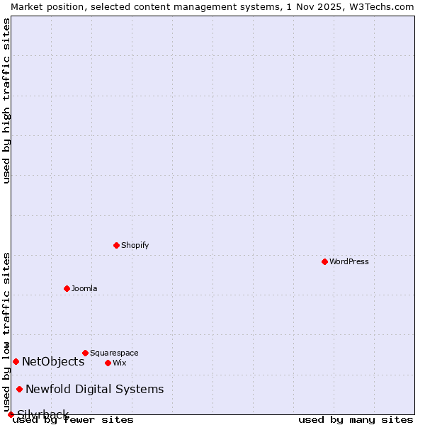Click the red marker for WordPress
pyautogui.click(x=324, y=261)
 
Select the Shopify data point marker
pyautogui.click(x=116, y=245)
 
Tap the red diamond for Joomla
pyautogui.click(x=67, y=288)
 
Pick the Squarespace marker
pyautogui.click(x=85, y=353)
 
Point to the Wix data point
pyautogui.click(x=108, y=363)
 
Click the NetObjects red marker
pyautogui.click(x=16, y=361)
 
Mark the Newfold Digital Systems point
pyautogui.click(x=19, y=389)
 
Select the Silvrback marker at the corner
pyautogui.click(x=11, y=414)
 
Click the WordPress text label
pyautogui.click(x=349, y=261)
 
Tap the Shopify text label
pyautogui.click(x=135, y=245)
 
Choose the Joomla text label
pyautogui.click(x=84, y=288)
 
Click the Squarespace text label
pyautogui.click(x=114, y=353)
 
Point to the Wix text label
pyautogui.click(x=120, y=363)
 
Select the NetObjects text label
pyautogui.click(x=53, y=361)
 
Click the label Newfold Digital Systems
pyautogui.click(x=95, y=389)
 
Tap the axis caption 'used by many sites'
pyautogui.click(x=356, y=420)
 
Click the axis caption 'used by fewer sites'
pyautogui.click(x=74, y=420)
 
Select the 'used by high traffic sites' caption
pyautogui.click(x=6, y=101)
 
